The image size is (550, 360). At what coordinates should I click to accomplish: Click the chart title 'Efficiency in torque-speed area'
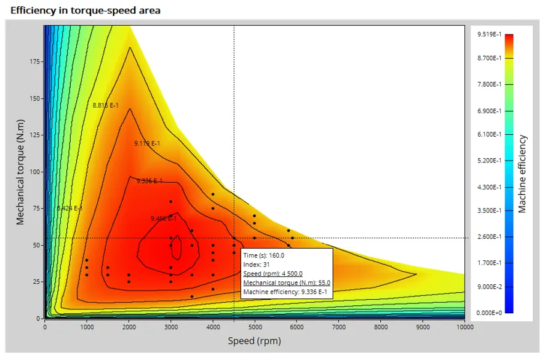coord(86,10)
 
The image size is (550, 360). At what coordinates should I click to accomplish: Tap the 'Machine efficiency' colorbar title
coord(522,174)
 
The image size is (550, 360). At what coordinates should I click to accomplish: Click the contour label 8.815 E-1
coord(105,106)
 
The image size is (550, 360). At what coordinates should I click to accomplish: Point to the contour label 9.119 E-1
coord(147,143)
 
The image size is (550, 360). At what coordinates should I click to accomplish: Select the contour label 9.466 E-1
coord(164,218)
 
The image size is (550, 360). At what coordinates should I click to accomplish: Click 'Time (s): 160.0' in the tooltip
coord(264,255)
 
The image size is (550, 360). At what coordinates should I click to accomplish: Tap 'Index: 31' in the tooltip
coord(257,265)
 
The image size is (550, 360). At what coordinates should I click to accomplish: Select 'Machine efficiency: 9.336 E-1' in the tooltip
coord(286,292)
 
